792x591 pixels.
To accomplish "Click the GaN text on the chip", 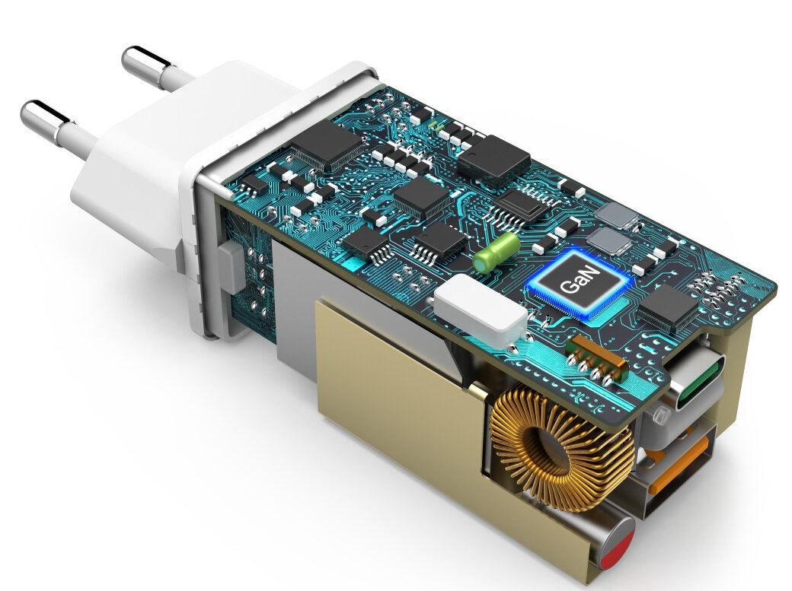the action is [x=580, y=280].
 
